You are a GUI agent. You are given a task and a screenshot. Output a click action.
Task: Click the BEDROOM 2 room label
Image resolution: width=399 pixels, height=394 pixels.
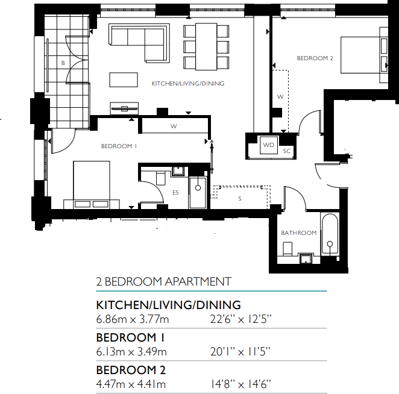(x=315, y=58)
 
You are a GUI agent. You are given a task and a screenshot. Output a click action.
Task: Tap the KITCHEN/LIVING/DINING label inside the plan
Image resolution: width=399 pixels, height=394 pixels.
(x=187, y=84)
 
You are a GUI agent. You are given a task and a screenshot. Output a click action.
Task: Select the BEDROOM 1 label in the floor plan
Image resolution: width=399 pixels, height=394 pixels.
(x=119, y=146)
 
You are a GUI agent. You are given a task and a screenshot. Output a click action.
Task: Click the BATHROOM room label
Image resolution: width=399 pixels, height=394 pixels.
(x=298, y=233)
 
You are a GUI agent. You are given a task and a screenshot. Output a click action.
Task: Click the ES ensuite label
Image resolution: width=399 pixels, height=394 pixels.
(x=175, y=193)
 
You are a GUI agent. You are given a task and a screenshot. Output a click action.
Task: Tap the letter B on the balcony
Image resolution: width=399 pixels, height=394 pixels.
(x=62, y=62)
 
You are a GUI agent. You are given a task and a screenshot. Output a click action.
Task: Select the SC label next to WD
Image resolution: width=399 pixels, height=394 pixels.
(x=287, y=151)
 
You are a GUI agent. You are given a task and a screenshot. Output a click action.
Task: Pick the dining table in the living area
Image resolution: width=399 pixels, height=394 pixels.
(x=206, y=46)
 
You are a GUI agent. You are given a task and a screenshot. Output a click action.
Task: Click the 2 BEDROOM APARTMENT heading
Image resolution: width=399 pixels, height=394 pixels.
(x=163, y=281)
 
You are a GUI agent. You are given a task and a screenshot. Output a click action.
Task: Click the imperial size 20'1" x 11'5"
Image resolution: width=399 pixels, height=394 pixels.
(x=239, y=351)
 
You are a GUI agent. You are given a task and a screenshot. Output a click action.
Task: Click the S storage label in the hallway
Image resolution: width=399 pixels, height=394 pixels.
(x=239, y=198)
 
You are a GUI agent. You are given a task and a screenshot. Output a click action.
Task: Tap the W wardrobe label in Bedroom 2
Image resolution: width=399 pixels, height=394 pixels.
(x=280, y=96)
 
